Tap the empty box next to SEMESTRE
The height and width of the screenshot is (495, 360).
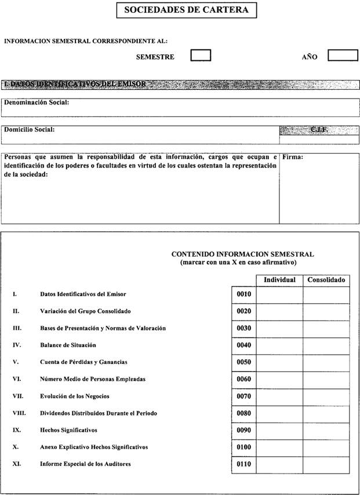(x=201, y=56)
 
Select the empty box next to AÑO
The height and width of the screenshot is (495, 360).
(x=343, y=56)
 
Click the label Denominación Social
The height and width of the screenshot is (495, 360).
(x=37, y=103)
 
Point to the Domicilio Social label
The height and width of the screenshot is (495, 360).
(x=30, y=129)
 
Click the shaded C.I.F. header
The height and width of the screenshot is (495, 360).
(x=319, y=130)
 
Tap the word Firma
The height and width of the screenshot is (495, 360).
(x=293, y=157)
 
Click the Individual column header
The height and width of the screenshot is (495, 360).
(x=279, y=280)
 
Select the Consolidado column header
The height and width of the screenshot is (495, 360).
(x=326, y=280)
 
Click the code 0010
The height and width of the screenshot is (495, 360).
(x=243, y=294)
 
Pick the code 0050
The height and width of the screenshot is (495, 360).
(x=243, y=362)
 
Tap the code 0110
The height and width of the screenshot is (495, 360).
(x=243, y=464)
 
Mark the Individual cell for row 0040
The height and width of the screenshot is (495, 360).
(x=279, y=345)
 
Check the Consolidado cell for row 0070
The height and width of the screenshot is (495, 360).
(x=326, y=396)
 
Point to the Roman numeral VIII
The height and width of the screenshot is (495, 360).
(x=19, y=414)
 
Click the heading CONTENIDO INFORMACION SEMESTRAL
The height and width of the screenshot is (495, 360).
(x=242, y=254)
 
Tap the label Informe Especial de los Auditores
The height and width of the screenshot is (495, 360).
(x=85, y=464)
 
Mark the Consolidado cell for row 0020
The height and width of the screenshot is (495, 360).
(x=326, y=311)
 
